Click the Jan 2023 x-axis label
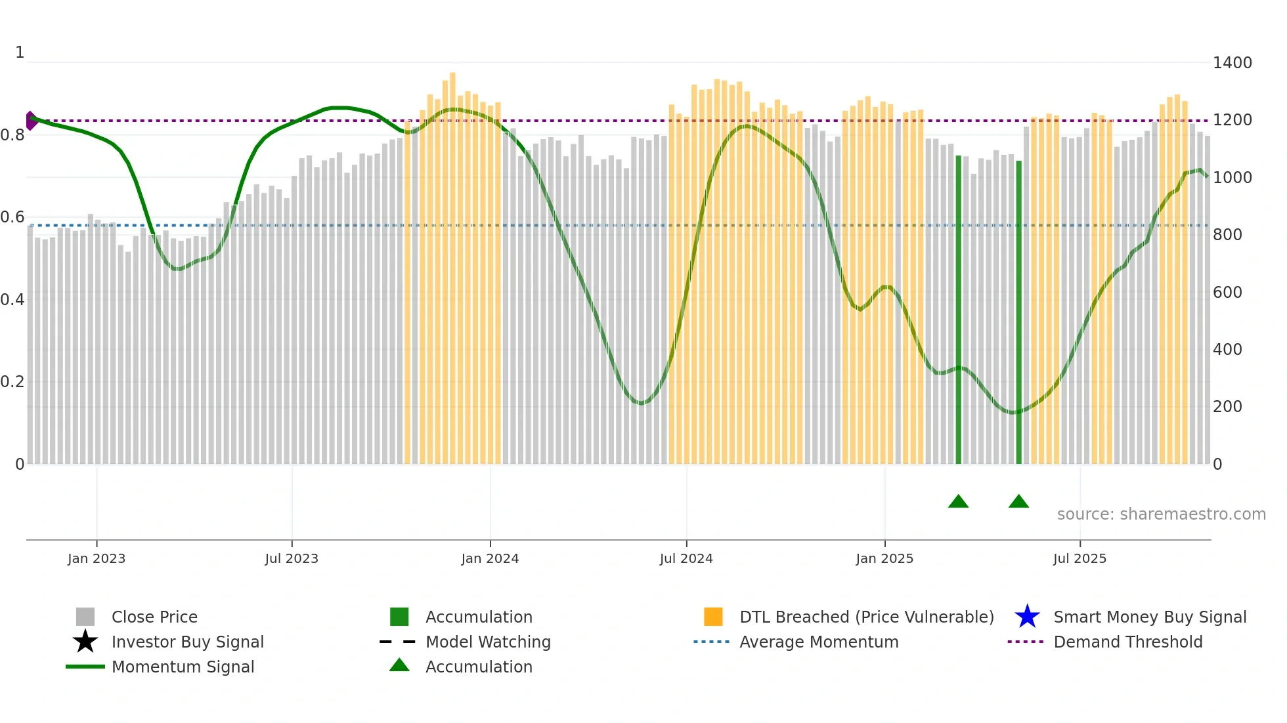pos(96,558)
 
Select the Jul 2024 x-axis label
pos(686,558)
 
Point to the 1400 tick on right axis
pos(1232,63)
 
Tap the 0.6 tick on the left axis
pos(12,217)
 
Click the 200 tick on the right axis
pos(1227,407)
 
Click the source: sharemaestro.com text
pos(1161,514)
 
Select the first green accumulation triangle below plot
pos(958,502)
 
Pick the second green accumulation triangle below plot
pos(1018,502)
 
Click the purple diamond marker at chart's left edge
pos(31,121)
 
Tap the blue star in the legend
pos(1027,617)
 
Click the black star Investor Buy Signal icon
pos(85,642)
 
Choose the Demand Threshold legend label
pos(1127,642)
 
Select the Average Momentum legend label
pos(818,642)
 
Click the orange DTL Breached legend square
pos(713,617)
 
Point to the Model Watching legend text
pos(488,642)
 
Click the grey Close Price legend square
pos(85,617)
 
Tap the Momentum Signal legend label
pos(183,667)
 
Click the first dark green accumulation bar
pos(958,308)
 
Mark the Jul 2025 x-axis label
pos(1080,558)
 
